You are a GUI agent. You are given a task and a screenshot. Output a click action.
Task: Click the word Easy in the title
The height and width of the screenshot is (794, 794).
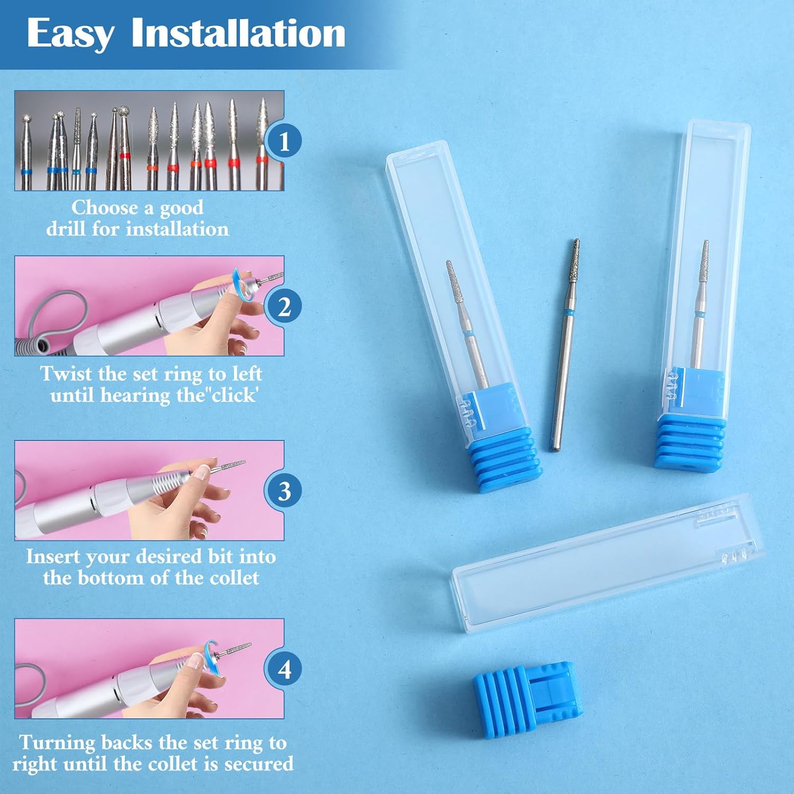70,34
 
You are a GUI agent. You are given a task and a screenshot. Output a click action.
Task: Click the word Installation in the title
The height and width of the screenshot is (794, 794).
239,33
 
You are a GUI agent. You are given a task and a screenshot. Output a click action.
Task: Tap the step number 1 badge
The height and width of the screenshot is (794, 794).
284,141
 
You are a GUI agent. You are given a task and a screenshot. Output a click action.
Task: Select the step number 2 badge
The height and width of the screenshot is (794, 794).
284,306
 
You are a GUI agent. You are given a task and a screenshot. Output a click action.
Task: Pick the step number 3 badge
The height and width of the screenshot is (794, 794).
284,491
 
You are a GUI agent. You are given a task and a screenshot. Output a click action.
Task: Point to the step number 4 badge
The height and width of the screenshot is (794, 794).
284,669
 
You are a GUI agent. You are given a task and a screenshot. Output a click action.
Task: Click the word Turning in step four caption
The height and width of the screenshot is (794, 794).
58,743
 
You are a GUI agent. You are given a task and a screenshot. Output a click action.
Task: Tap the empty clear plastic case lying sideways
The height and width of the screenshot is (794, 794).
609,564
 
